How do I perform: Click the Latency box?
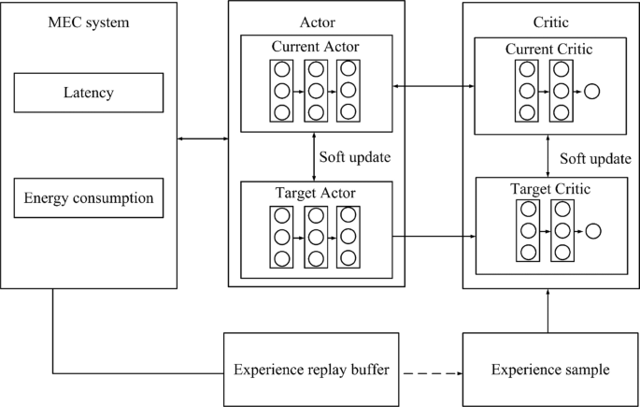pyautogui.click(x=89, y=94)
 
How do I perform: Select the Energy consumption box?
pyautogui.click(x=89, y=198)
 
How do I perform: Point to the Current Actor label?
pyautogui.click(x=317, y=47)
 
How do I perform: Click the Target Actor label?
pyautogui.click(x=317, y=193)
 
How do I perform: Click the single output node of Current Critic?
pyautogui.click(x=591, y=91)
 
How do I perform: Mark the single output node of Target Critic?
pyautogui.click(x=591, y=230)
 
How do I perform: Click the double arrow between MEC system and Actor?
pyautogui.click(x=203, y=140)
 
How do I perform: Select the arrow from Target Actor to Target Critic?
pyautogui.click(x=434, y=237)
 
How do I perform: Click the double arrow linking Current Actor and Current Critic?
pyautogui.click(x=434, y=87)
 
